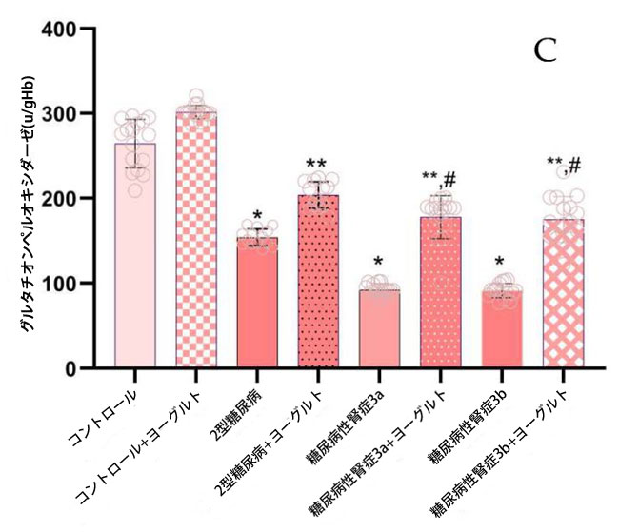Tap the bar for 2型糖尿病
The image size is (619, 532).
coord(258,314)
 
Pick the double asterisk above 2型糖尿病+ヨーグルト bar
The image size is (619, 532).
coord(319,165)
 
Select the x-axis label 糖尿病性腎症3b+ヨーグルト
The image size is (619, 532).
coord(504,452)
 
